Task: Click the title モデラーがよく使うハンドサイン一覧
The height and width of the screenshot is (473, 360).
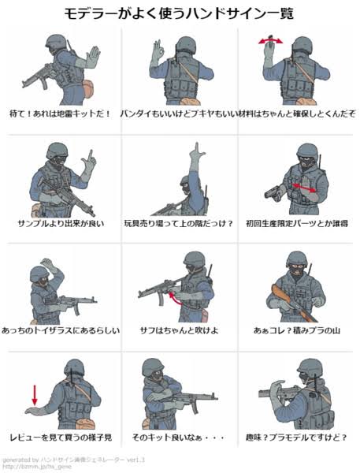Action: tap(179, 13)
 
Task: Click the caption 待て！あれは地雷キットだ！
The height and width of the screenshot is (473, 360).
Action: tap(61, 114)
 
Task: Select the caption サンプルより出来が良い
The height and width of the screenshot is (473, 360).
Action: tap(61, 224)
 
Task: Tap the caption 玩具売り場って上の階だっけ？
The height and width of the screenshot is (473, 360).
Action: tap(179, 224)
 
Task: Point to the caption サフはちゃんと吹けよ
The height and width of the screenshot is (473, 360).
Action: tap(179, 330)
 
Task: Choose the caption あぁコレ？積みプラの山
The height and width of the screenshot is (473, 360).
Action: tap(297, 330)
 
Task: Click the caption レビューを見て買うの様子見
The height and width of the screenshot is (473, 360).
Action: tap(61, 437)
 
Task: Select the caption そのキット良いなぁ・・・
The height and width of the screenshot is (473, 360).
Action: tap(178, 437)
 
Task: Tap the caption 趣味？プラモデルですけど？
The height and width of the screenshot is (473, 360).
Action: tap(296, 437)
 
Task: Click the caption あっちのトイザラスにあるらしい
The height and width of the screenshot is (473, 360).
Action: tap(61, 330)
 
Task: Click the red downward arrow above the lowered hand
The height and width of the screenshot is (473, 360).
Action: tap(35, 395)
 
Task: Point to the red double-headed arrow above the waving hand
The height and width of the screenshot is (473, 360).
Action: tap(271, 40)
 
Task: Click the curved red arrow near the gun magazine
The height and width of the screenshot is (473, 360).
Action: tap(174, 298)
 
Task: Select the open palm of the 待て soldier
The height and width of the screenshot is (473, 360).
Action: tap(93, 57)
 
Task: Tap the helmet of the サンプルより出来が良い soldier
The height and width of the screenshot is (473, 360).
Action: tap(58, 151)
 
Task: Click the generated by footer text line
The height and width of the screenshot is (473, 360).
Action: tap(74, 460)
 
